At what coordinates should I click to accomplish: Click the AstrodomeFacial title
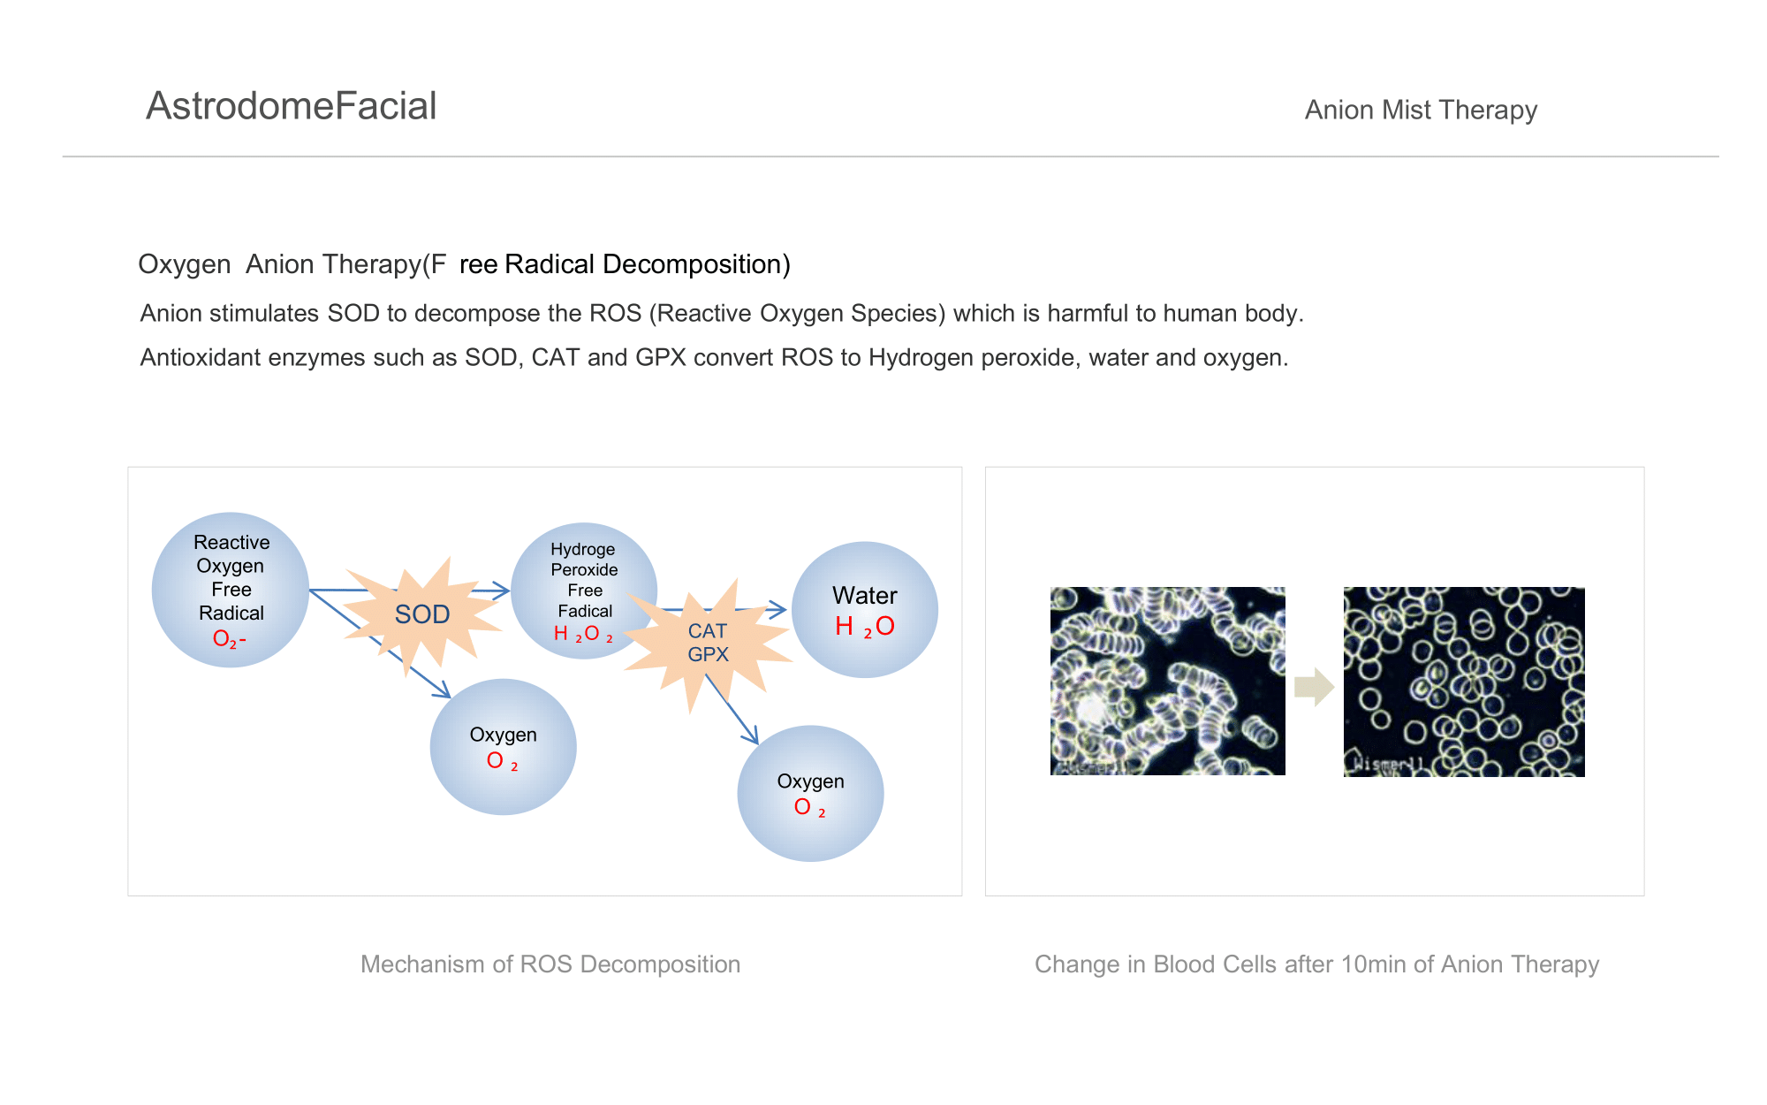point(291,106)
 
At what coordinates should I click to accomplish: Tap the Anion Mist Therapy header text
point(1421,110)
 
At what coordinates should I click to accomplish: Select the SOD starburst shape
point(422,615)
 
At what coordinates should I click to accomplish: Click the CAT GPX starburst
point(708,644)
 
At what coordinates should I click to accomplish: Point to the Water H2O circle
point(864,610)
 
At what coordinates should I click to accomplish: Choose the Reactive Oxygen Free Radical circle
point(231,590)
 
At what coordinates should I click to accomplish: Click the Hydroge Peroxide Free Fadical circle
point(584,591)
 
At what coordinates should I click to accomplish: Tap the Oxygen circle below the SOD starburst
point(503,747)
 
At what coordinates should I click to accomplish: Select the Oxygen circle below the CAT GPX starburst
point(810,794)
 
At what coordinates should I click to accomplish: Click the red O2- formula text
point(230,638)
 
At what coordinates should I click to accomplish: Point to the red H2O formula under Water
point(865,627)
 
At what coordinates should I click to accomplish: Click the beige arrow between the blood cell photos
point(1314,687)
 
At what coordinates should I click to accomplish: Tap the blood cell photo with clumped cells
point(1167,681)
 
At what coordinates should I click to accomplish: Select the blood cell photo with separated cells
point(1464,682)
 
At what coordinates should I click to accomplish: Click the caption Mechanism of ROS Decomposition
point(550,964)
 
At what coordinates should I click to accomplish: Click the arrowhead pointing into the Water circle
point(778,608)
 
